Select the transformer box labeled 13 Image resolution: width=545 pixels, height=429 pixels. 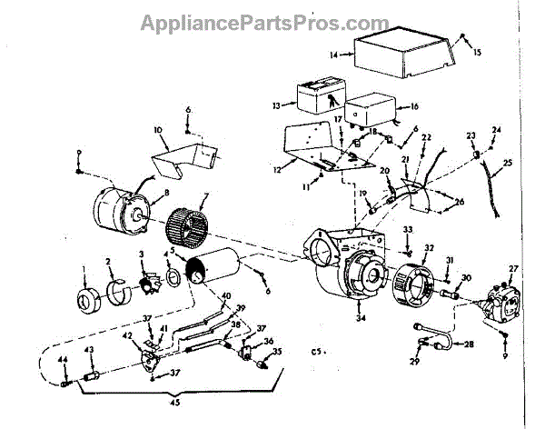[x=314, y=95]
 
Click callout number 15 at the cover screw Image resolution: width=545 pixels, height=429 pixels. [x=479, y=54]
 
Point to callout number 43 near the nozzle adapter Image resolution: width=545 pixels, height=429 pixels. [x=89, y=350]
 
